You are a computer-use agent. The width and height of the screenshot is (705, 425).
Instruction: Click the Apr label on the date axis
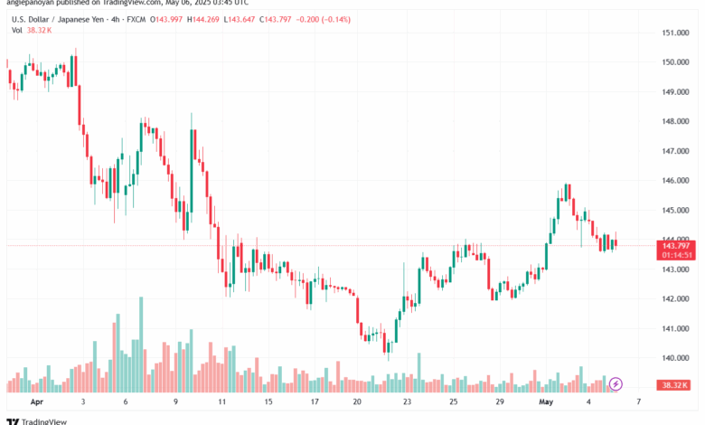click(x=37, y=400)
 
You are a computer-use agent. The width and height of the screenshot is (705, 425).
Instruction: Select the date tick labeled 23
click(x=408, y=400)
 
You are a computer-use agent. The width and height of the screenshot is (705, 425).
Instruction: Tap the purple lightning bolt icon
click(x=617, y=384)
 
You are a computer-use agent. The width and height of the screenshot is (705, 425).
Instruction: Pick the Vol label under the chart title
click(x=17, y=30)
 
